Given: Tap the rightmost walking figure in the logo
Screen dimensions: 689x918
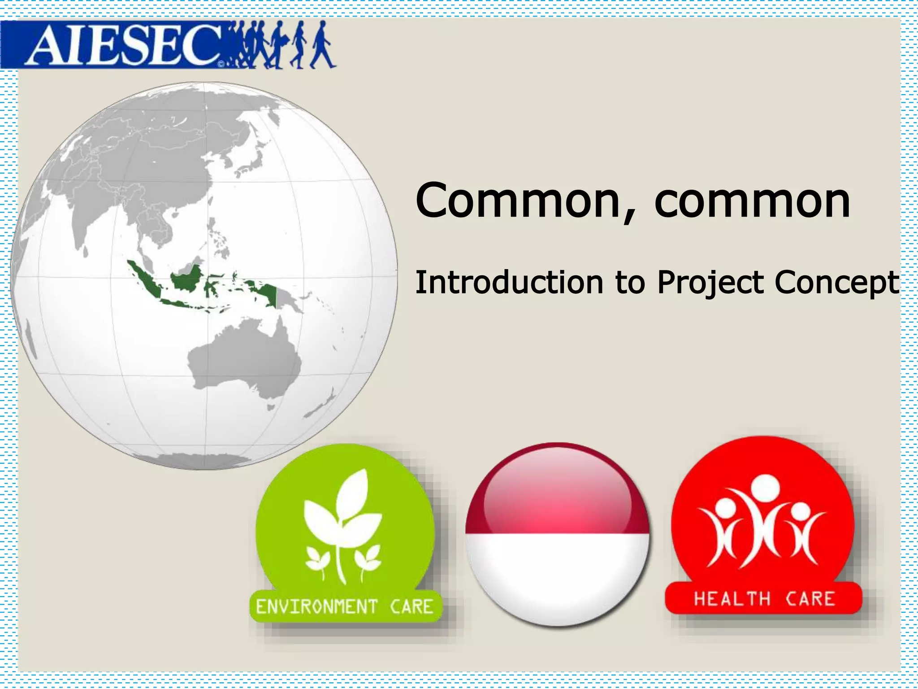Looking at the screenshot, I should click(322, 45).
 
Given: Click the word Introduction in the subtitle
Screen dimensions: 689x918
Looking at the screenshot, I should click(509, 283).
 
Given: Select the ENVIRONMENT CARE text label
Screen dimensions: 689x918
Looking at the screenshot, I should click(344, 606).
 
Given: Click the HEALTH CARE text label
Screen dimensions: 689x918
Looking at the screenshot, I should click(764, 599).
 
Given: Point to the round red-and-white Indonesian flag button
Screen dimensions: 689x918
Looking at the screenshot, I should click(557, 534).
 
